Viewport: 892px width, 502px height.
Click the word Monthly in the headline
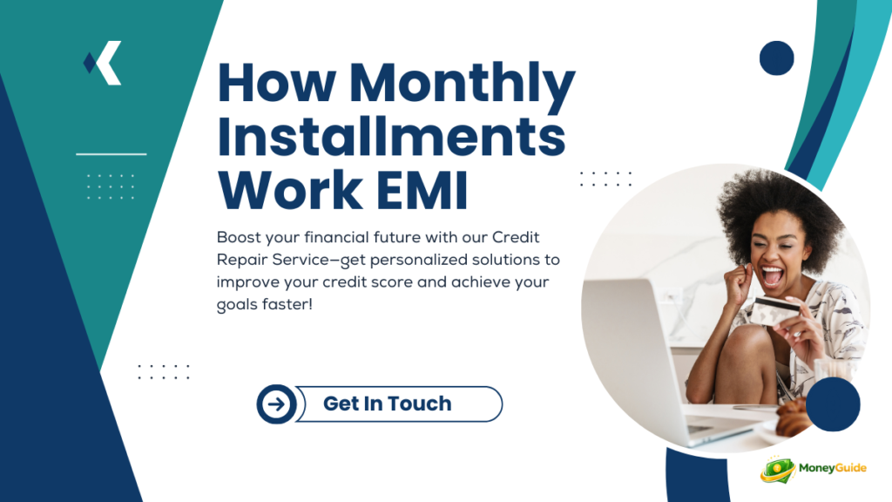tap(462, 84)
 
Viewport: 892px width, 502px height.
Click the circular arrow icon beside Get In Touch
tap(276, 404)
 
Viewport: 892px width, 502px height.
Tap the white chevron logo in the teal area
tap(103, 63)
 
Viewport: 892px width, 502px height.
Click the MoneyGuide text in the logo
tap(832, 468)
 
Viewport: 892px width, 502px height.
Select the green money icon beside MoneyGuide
tap(778, 470)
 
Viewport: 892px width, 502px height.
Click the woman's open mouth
tap(772, 275)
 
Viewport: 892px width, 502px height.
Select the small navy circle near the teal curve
tap(776, 58)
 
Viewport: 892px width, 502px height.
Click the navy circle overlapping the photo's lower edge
tap(833, 404)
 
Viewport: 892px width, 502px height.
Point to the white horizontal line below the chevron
tap(111, 153)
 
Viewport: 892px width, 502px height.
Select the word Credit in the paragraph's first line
tap(516, 237)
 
